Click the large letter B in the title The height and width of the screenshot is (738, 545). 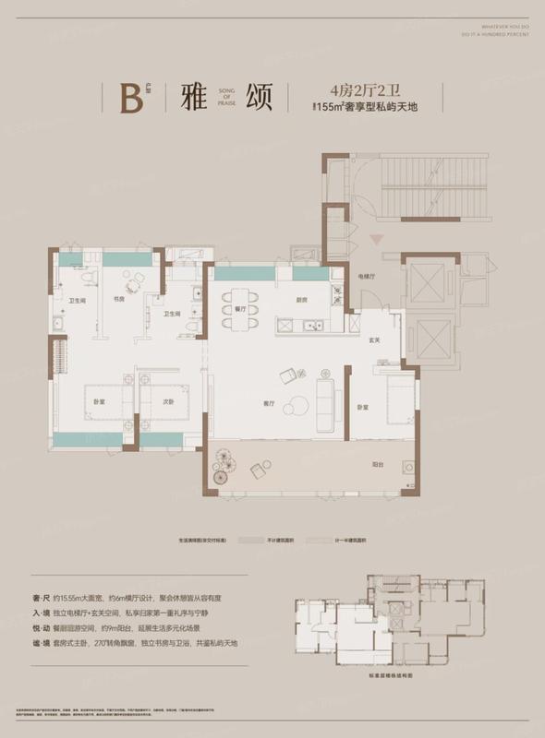(x=131, y=99)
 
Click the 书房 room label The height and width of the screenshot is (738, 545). (x=119, y=299)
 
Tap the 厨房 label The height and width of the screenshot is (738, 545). (x=300, y=299)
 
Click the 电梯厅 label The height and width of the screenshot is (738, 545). (x=366, y=275)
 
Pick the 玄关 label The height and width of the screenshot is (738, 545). (x=375, y=339)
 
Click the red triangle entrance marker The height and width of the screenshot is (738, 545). (x=374, y=240)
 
